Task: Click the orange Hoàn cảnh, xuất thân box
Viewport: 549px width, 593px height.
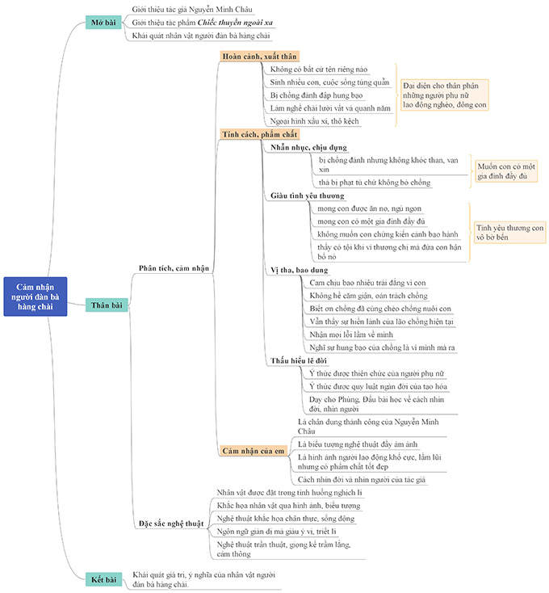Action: tap(259, 57)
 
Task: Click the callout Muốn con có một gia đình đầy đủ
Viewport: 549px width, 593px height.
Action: tap(507, 170)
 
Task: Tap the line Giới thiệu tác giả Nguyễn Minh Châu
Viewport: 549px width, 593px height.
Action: tap(191, 9)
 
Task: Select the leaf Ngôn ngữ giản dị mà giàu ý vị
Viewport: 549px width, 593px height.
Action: tap(277, 531)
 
